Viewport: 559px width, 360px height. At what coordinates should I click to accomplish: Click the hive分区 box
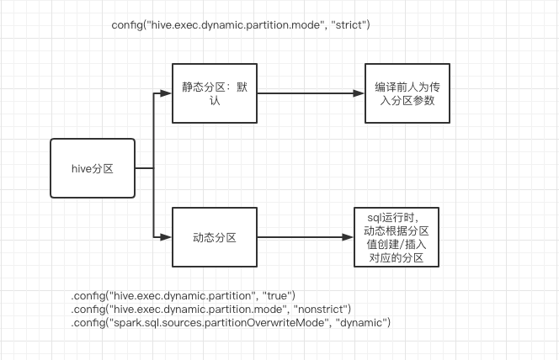coord(93,168)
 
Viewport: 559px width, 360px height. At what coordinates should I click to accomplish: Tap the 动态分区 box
coord(214,237)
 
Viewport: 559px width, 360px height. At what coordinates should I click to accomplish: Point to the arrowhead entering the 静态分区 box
coord(167,94)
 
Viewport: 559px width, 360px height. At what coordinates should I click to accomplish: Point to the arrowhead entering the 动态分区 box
coord(167,237)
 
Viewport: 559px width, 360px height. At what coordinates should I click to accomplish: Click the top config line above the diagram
coord(241,25)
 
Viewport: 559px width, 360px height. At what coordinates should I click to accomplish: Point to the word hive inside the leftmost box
coord(83,168)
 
